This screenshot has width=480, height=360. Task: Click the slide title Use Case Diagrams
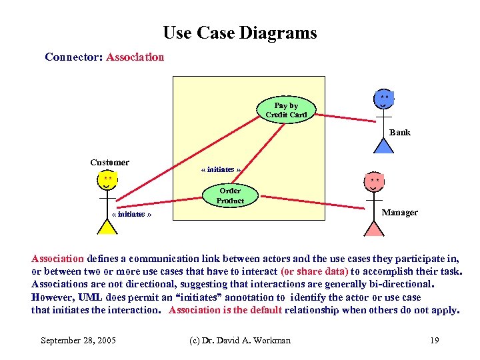pyautogui.click(x=240, y=33)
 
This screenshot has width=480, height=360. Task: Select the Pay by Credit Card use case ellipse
pyautogui.click(x=286, y=110)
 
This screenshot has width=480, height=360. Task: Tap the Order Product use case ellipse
pyautogui.click(x=230, y=195)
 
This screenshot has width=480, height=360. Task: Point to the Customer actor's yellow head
pyautogui.click(x=107, y=181)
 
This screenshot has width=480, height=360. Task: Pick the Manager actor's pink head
pyautogui.click(x=375, y=182)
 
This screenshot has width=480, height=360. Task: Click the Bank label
pyautogui.click(x=400, y=133)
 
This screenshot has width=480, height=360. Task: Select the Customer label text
pyautogui.click(x=110, y=162)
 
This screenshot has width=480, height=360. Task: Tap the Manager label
pyautogui.click(x=400, y=213)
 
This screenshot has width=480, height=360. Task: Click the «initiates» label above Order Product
pyautogui.click(x=221, y=170)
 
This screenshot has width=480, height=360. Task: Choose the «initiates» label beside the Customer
pyautogui.click(x=132, y=215)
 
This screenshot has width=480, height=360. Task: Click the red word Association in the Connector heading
pyautogui.click(x=135, y=57)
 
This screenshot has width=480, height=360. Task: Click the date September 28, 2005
pyautogui.click(x=78, y=341)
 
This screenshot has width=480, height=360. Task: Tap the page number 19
pyautogui.click(x=434, y=341)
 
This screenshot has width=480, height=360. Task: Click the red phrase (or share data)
pyautogui.click(x=315, y=271)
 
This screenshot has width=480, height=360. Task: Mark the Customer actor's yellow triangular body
pyautogui.click(x=107, y=227)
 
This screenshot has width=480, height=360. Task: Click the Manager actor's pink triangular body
pyautogui.click(x=375, y=228)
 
